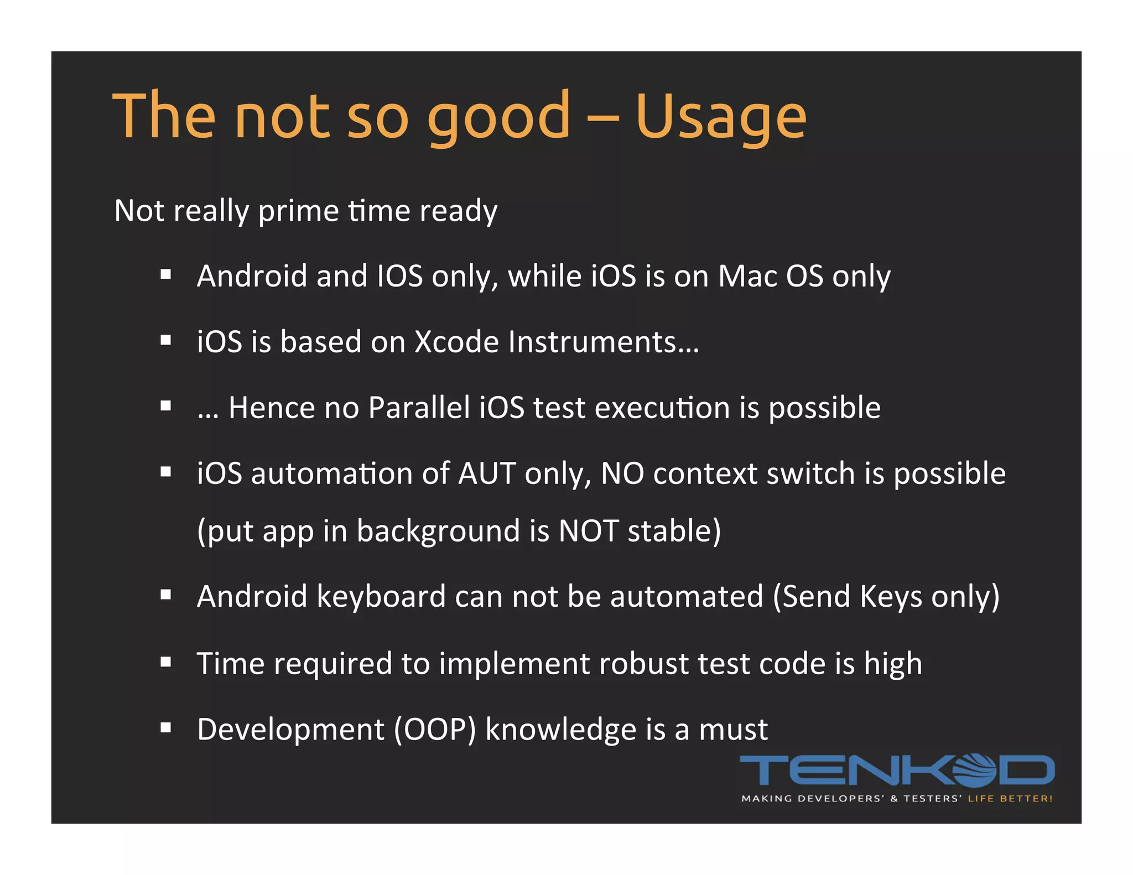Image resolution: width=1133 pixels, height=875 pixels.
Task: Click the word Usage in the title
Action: [721, 117]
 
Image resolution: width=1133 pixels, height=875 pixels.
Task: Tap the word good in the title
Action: [498, 117]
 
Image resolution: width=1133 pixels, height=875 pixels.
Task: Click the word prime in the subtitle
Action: [298, 211]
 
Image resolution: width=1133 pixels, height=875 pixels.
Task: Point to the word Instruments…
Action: [603, 342]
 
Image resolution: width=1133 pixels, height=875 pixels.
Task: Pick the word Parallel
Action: [419, 408]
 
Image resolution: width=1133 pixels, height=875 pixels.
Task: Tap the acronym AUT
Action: [487, 474]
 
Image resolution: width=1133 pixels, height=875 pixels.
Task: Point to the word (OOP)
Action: [435, 730]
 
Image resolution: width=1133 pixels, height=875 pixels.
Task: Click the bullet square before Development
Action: [165, 728]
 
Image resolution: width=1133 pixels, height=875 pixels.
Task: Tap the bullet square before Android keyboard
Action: [165, 595]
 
